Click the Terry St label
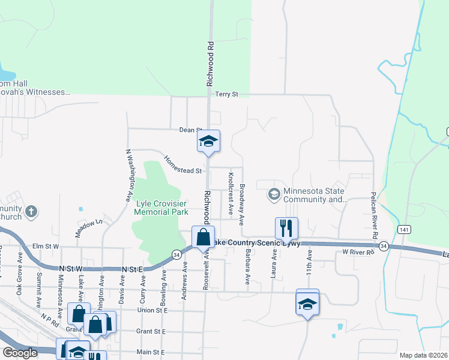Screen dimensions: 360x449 [228, 94]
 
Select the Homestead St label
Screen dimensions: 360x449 [182, 166]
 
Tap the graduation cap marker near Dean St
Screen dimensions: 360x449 [208, 142]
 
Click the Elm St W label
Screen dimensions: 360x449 [46, 246]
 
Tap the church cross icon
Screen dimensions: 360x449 [31, 211]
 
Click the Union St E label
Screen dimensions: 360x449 [152, 310]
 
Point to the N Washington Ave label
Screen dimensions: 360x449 [128, 175]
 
